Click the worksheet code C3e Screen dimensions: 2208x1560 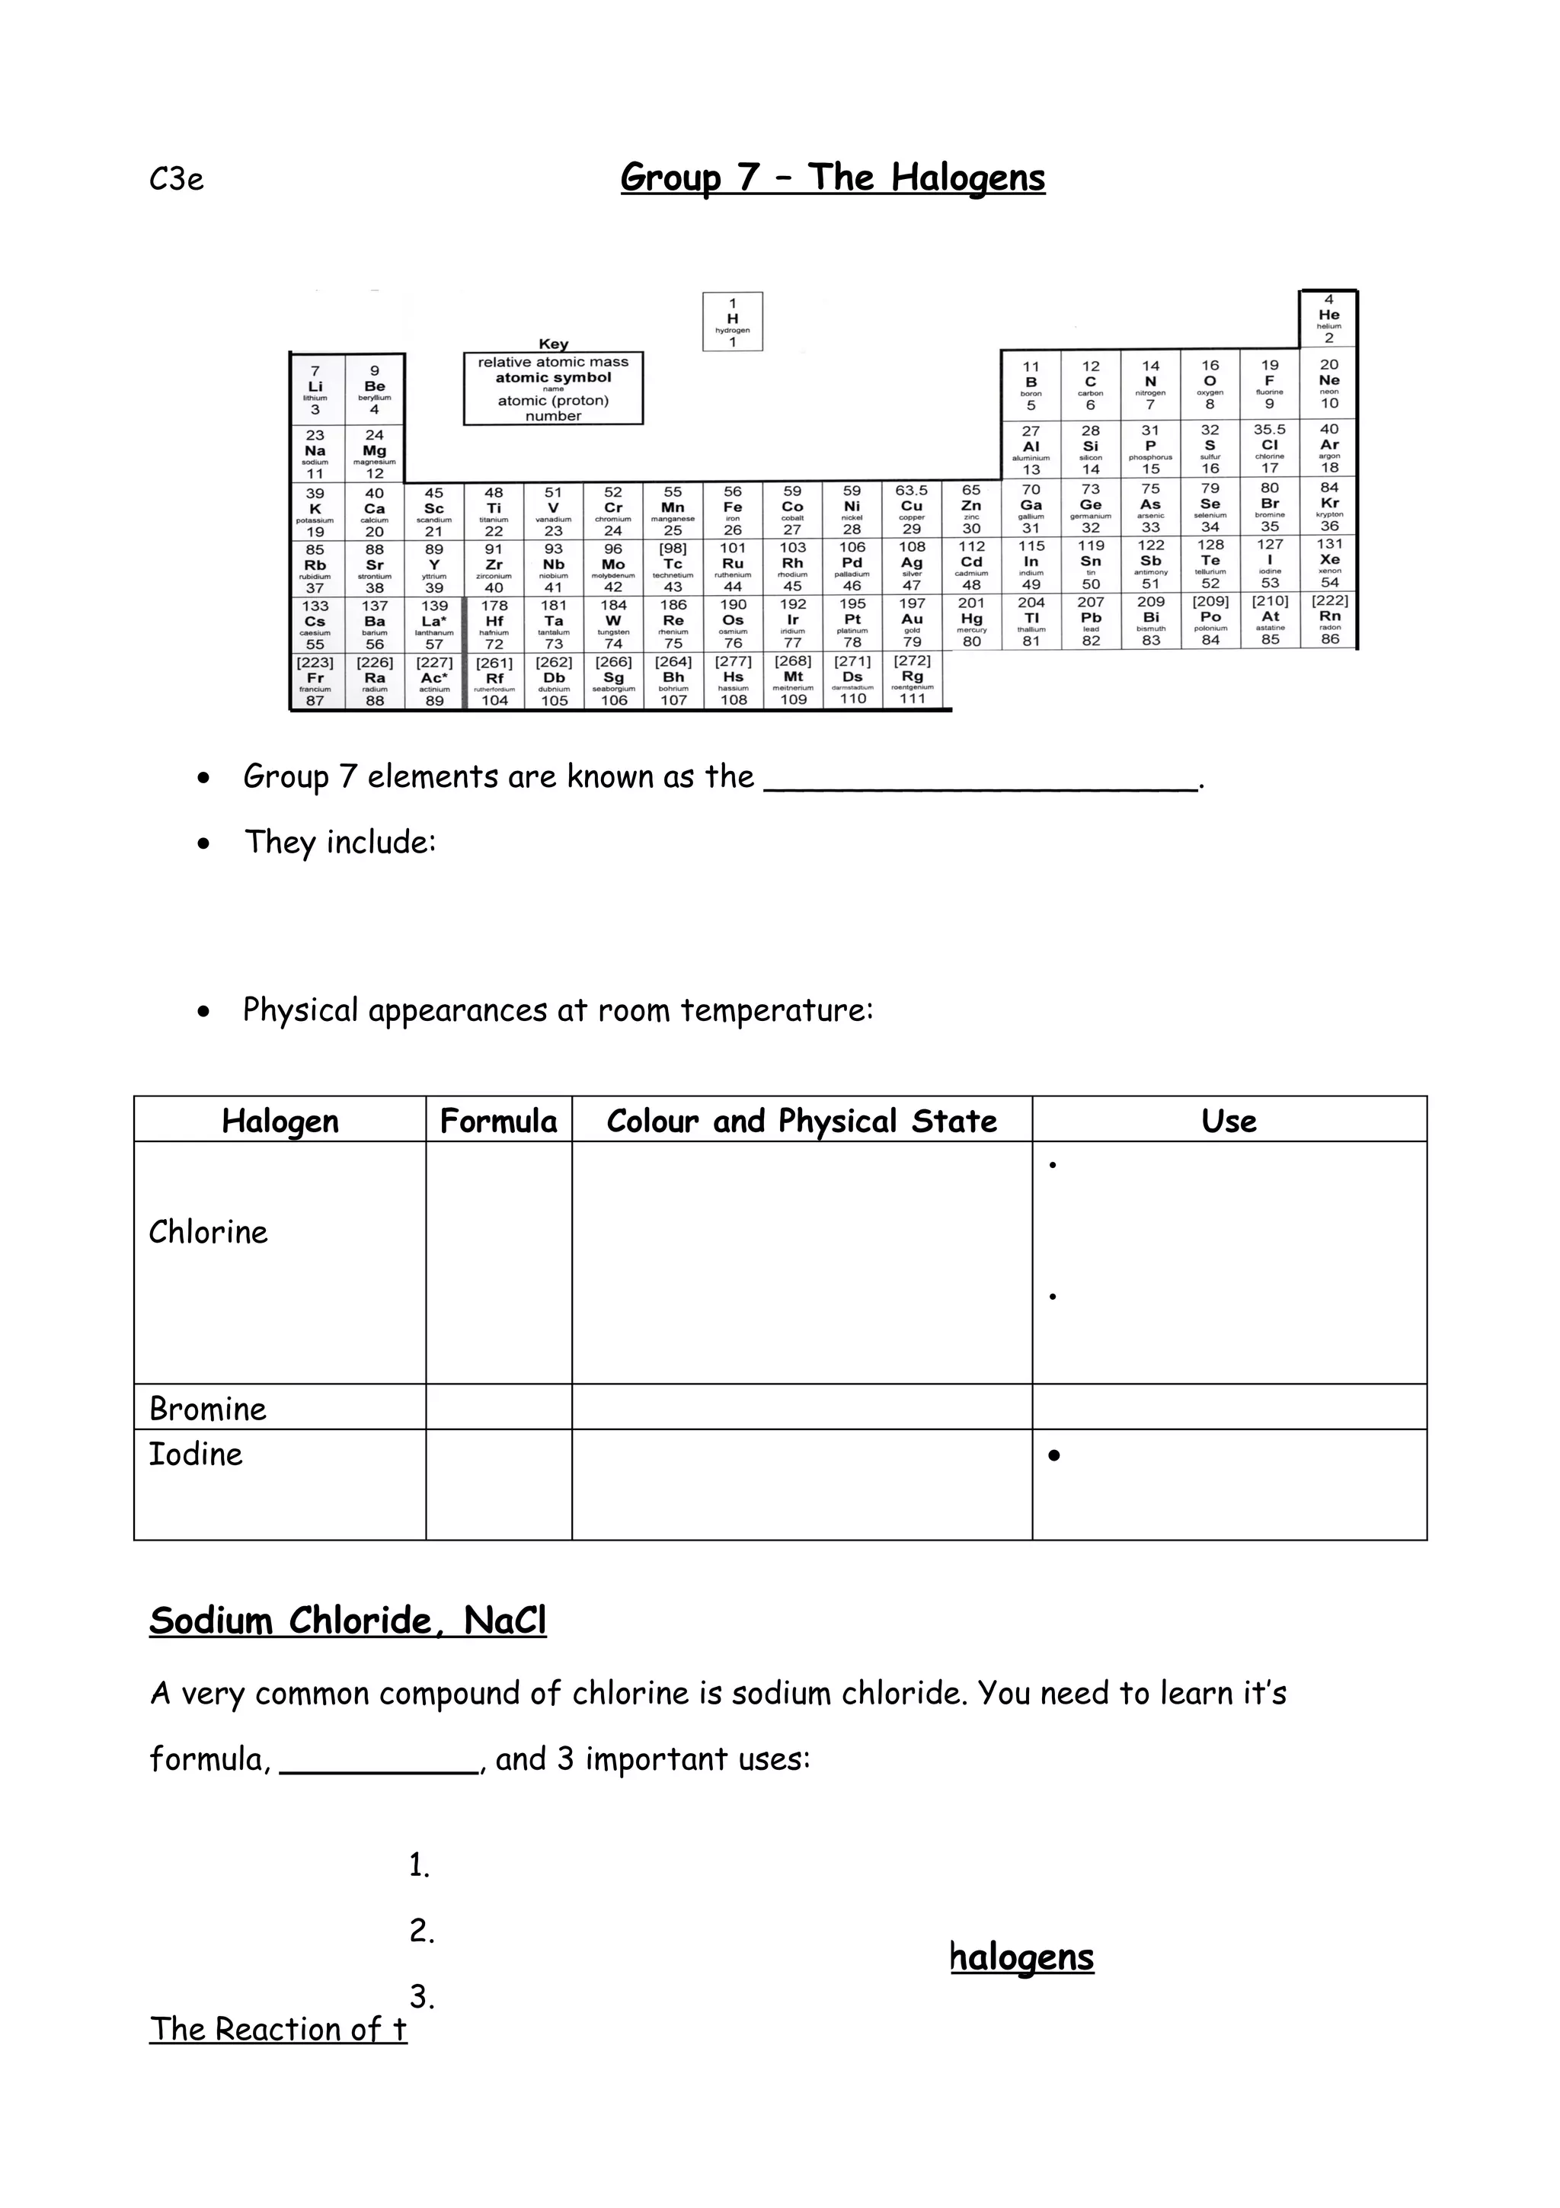tap(177, 180)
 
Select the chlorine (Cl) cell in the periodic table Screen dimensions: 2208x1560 tap(1269, 449)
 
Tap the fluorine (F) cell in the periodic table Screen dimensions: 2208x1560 tap(1269, 384)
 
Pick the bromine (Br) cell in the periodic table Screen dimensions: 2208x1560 tap(1269, 507)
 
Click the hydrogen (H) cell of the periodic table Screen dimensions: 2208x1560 tap(733, 322)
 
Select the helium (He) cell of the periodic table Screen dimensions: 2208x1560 tap(1328, 318)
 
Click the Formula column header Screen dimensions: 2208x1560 tap(498, 1120)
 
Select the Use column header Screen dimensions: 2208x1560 tap(1229, 1120)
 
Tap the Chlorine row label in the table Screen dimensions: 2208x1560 tap(209, 1232)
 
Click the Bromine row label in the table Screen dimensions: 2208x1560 tap(209, 1409)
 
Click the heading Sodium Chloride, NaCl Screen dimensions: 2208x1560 tap(348, 1621)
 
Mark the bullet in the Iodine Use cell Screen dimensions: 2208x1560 tap(1054, 1456)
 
